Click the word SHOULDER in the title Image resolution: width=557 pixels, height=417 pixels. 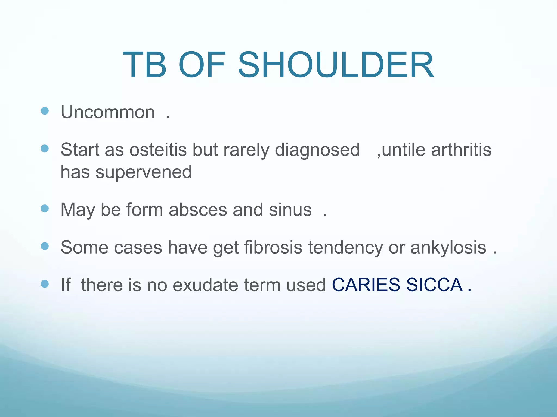tap(336, 65)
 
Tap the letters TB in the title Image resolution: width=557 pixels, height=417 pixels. tap(144, 65)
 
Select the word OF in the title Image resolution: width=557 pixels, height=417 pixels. tap(202, 65)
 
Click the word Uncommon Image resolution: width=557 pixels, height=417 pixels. tap(108, 112)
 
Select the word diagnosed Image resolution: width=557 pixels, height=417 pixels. tap(317, 150)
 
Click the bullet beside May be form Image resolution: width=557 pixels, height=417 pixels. tap(45, 208)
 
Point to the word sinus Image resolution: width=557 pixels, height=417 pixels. tap(290, 210)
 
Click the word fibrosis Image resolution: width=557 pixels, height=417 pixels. tap(273, 247)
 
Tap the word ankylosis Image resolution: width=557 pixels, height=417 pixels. tap(448, 248)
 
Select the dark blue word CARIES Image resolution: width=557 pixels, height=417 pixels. tap(366, 285)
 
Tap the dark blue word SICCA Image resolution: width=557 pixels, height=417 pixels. tap(434, 285)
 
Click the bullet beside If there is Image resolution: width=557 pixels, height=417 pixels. tap(45, 284)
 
